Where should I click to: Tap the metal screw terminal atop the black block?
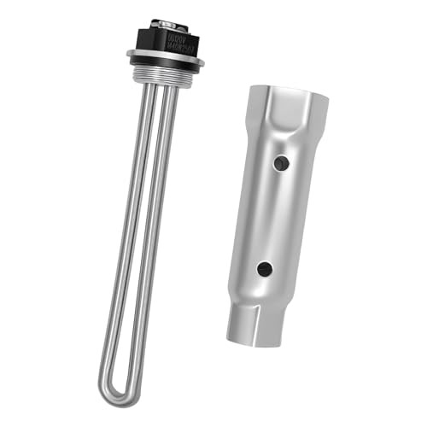pyautogui.click(x=166, y=23)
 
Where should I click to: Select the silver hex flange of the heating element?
pyautogui.click(x=166, y=57)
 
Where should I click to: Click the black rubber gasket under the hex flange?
pyautogui.click(x=166, y=67)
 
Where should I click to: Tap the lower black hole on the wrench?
pyautogui.click(x=265, y=268)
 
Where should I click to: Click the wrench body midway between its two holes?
pyautogui.click(x=273, y=215)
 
